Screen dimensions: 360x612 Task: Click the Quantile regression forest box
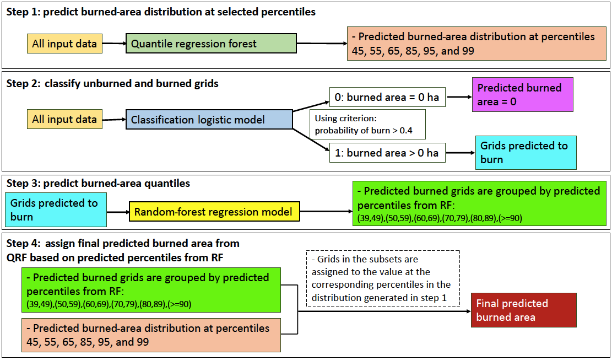211,44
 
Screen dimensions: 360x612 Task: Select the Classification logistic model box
209,120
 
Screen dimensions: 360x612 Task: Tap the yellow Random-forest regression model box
214,212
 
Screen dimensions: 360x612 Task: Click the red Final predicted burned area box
523,310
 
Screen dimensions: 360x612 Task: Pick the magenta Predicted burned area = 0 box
522,95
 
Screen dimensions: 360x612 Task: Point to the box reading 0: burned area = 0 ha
387,97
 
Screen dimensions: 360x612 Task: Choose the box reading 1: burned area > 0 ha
387,153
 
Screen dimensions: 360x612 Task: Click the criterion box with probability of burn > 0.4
367,124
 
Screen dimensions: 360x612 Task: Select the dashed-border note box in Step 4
382,278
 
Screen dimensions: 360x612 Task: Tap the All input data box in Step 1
64,44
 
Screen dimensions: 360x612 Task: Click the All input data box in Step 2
64,119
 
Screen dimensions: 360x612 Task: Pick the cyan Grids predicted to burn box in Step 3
56,209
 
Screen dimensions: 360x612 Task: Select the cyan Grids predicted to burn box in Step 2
526,153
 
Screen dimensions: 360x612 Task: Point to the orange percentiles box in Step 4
151,335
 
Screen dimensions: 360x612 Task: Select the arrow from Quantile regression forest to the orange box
322,43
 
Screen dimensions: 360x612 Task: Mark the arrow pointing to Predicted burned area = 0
459,97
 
